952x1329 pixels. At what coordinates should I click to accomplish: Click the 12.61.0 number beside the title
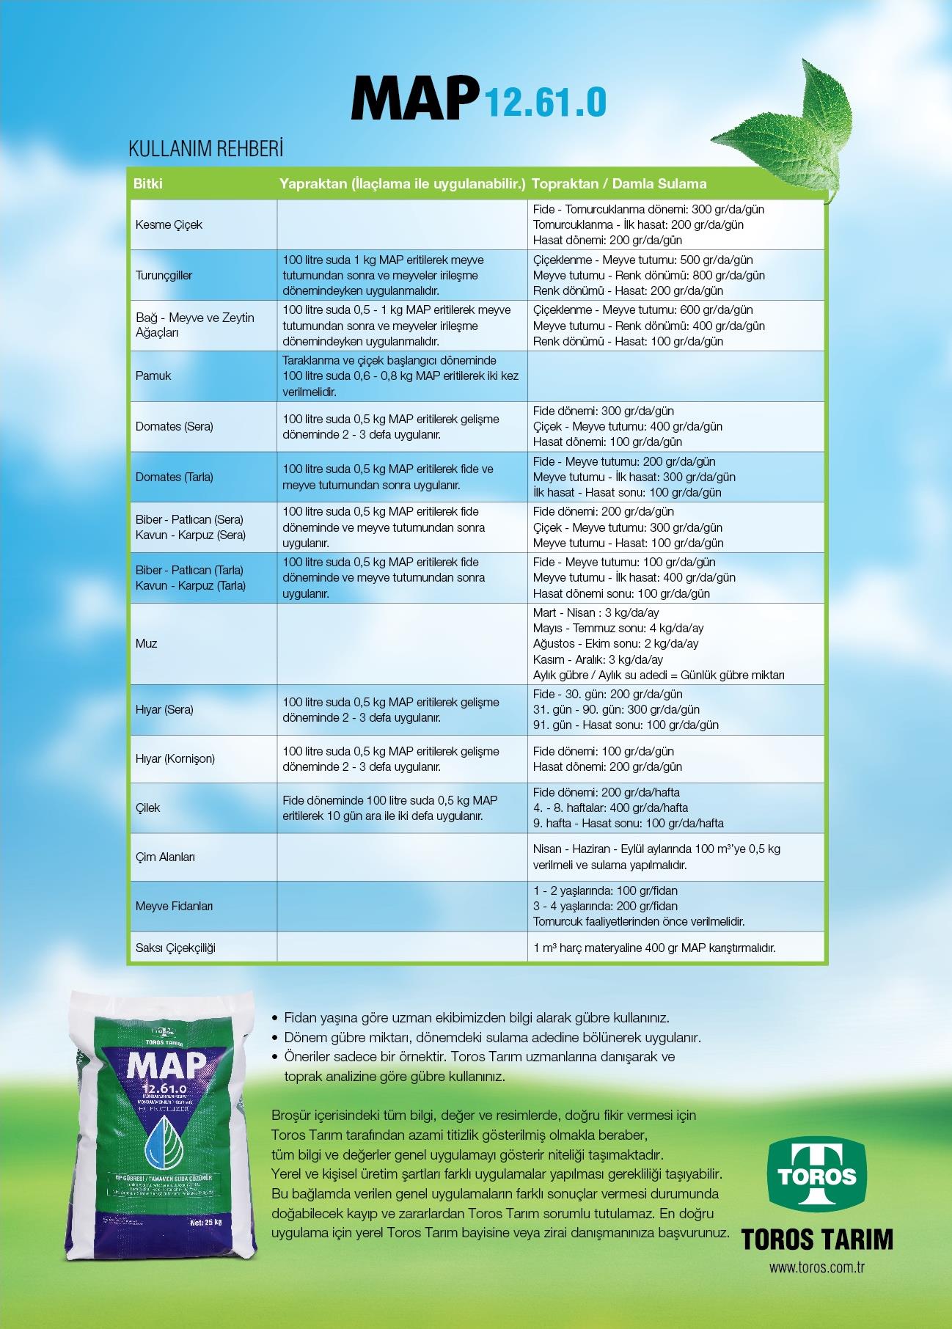point(543,102)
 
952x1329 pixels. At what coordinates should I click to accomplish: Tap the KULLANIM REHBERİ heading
point(205,149)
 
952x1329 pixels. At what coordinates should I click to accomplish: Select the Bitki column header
point(147,183)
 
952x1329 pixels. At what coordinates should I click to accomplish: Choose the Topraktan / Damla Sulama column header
point(619,183)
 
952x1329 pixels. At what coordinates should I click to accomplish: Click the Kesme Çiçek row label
point(169,224)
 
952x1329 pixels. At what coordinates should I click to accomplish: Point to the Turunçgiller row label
point(164,275)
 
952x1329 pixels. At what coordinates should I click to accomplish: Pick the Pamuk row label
point(153,376)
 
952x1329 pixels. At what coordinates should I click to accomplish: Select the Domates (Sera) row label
point(174,426)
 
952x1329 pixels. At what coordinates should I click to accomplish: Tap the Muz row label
point(147,643)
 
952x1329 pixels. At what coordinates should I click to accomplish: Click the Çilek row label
point(147,808)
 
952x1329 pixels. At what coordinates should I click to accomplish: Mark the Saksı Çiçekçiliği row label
point(175,948)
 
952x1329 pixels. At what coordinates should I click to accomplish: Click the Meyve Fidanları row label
point(174,906)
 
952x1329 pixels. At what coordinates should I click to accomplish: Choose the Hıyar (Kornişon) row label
point(175,758)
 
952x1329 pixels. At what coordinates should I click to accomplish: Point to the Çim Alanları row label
point(165,857)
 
